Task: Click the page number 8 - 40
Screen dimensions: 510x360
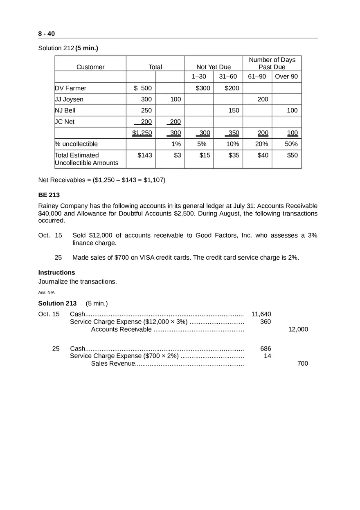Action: coord(46,34)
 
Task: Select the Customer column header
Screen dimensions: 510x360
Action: coord(90,67)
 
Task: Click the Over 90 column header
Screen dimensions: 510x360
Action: coord(286,76)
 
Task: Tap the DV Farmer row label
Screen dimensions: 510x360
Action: coord(71,88)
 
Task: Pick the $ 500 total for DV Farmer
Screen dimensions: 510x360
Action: coord(143,88)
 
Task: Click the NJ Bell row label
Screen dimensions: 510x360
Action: coord(65,110)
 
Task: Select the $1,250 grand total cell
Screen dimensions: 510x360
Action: coord(142,133)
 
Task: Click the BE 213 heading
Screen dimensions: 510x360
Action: coord(49,195)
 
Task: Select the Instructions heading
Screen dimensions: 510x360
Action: coord(56,272)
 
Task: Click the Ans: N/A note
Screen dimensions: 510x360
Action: coord(46,292)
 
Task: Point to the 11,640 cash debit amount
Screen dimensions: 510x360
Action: coord(261,314)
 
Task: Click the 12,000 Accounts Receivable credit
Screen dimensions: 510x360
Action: coord(298,330)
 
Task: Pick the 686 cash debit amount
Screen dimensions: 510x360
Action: coord(265,349)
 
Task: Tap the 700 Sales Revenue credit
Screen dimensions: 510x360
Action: coord(303,364)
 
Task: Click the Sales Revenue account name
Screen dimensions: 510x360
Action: coord(112,364)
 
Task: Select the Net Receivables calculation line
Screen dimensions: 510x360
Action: coord(102,180)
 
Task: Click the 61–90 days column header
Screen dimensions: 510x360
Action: coord(257,76)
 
